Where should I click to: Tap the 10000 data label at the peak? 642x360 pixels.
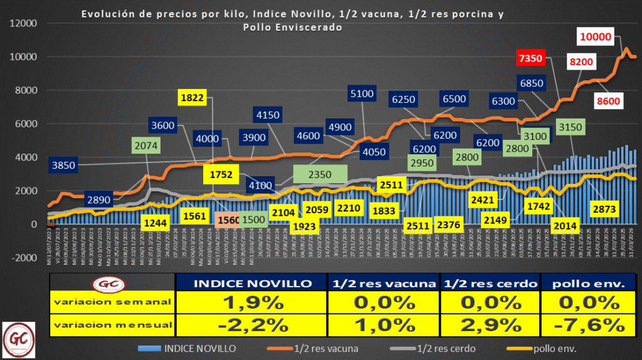pyautogui.click(x=595, y=37)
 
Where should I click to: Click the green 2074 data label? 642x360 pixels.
pyautogui.click(x=150, y=146)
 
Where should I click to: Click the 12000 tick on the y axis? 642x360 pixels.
pyautogui.click(x=23, y=24)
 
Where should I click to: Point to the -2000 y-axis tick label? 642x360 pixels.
pyautogui.click(x=23, y=257)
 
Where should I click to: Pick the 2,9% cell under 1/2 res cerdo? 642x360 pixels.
pyautogui.click(x=491, y=326)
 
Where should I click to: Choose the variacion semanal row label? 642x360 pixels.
pyautogui.click(x=112, y=302)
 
